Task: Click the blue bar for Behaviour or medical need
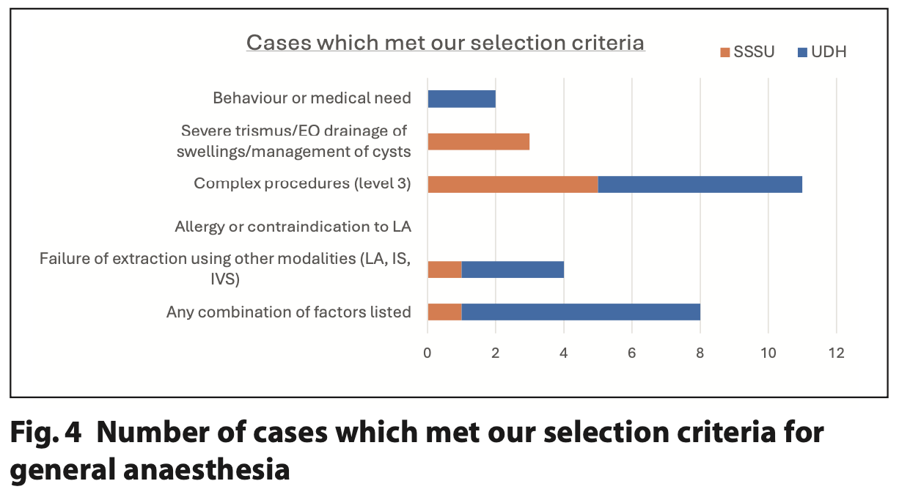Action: pos(461,99)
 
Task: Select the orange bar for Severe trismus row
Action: pos(478,142)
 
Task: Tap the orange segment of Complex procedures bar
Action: pos(513,183)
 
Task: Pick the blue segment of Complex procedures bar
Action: pos(700,183)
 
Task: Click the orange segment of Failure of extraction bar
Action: pos(444,269)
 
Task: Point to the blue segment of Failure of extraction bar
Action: pos(513,269)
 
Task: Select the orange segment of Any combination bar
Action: pos(444,312)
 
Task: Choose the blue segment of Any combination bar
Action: pos(580,312)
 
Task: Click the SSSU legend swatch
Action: pos(725,52)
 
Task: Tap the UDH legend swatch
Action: pos(802,52)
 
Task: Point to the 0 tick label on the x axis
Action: pos(428,353)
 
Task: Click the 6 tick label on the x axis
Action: pos(631,353)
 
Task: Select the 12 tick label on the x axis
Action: pos(836,353)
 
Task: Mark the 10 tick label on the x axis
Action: pos(768,353)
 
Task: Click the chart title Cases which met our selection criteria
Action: pos(445,43)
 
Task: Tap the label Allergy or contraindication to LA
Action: pos(293,227)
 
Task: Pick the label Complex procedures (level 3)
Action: pos(302,183)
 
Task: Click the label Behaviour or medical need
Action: pos(312,98)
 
